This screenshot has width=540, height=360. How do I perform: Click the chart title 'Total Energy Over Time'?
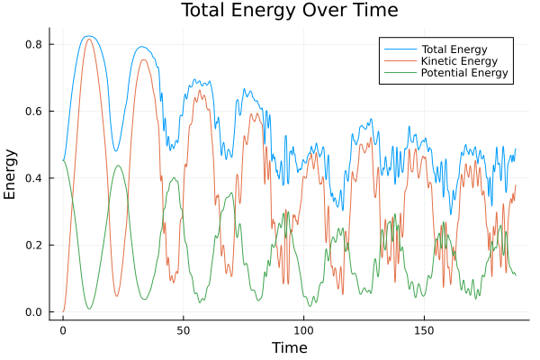pyautogui.click(x=277, y=11)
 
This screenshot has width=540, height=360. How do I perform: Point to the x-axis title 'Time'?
pyautogui.click(x=289, y=347)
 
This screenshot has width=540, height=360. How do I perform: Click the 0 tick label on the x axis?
pyautogui.click(x=63, y=329)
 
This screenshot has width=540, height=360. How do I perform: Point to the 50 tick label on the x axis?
pyautogui.click(x=183, y=329)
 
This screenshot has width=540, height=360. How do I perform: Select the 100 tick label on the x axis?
pyautogui.click(x=303, y=329)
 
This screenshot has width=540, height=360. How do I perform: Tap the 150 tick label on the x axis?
pyautogui.click(x=424, y=329)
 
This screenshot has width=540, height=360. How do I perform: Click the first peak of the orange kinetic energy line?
pyautogui.click(x=88, y=39)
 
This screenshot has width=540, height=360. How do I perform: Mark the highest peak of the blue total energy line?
pyautogui.click(x=87, y=36)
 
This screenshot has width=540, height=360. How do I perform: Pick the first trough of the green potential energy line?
pyautogui.click(x=89, y=309)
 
